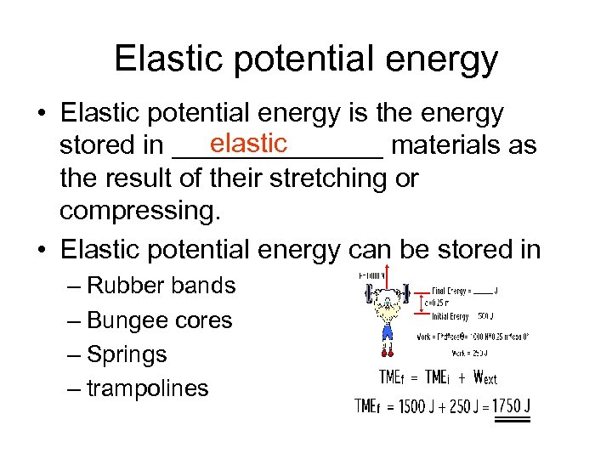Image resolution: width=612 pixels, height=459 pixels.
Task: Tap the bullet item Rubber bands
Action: (x=161, y=286)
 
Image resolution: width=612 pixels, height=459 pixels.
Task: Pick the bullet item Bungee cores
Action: (x=159, y=320)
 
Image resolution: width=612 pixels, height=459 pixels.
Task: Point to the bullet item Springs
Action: (x=127, y=354)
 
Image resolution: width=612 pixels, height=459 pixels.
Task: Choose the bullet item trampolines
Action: (x=147, y=388)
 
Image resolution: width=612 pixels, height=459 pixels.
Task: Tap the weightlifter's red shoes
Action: (x=388, y=348)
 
